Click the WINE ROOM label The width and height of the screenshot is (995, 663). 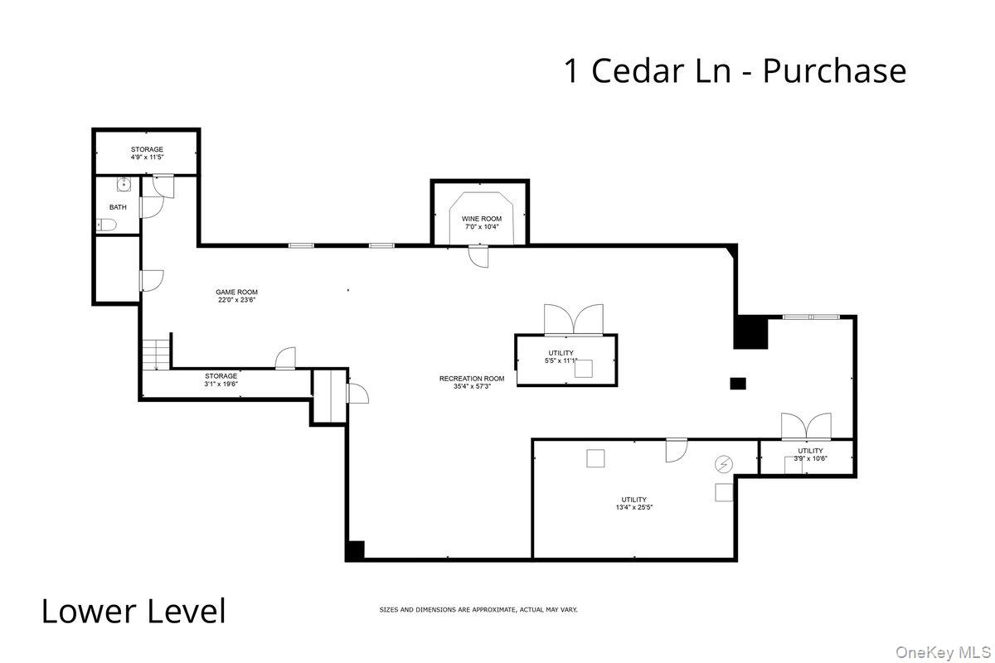pyautogui.click(x=482, y=219)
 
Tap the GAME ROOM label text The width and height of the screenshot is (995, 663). pyautogui.click(x=236, y=292)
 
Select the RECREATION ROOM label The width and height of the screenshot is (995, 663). pyautogui.click(x=471, y=379)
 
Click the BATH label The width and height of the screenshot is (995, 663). pyautogui.click(x=118, y=207)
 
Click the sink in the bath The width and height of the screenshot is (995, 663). pyautogui.click(x=124, y=185)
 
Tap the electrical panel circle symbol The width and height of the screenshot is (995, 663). pyautogui.click(x=724, y=465)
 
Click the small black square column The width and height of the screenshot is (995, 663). pyautogui.click(x=737, y=383)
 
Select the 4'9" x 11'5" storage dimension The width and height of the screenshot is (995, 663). pyautogui.click(x=147, y=157)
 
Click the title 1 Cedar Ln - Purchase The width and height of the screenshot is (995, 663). pyautogui.click(x=735, y=70)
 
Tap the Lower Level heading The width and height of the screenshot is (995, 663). pyautogui.click(x=133, y=612)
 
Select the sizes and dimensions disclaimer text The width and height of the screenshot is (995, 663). pyautogui.click(x=478, y=610)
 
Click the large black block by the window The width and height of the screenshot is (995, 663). pyautogui.click(x=752, y=332)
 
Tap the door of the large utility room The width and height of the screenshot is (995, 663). pyautogui.click(x=677, y=450)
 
